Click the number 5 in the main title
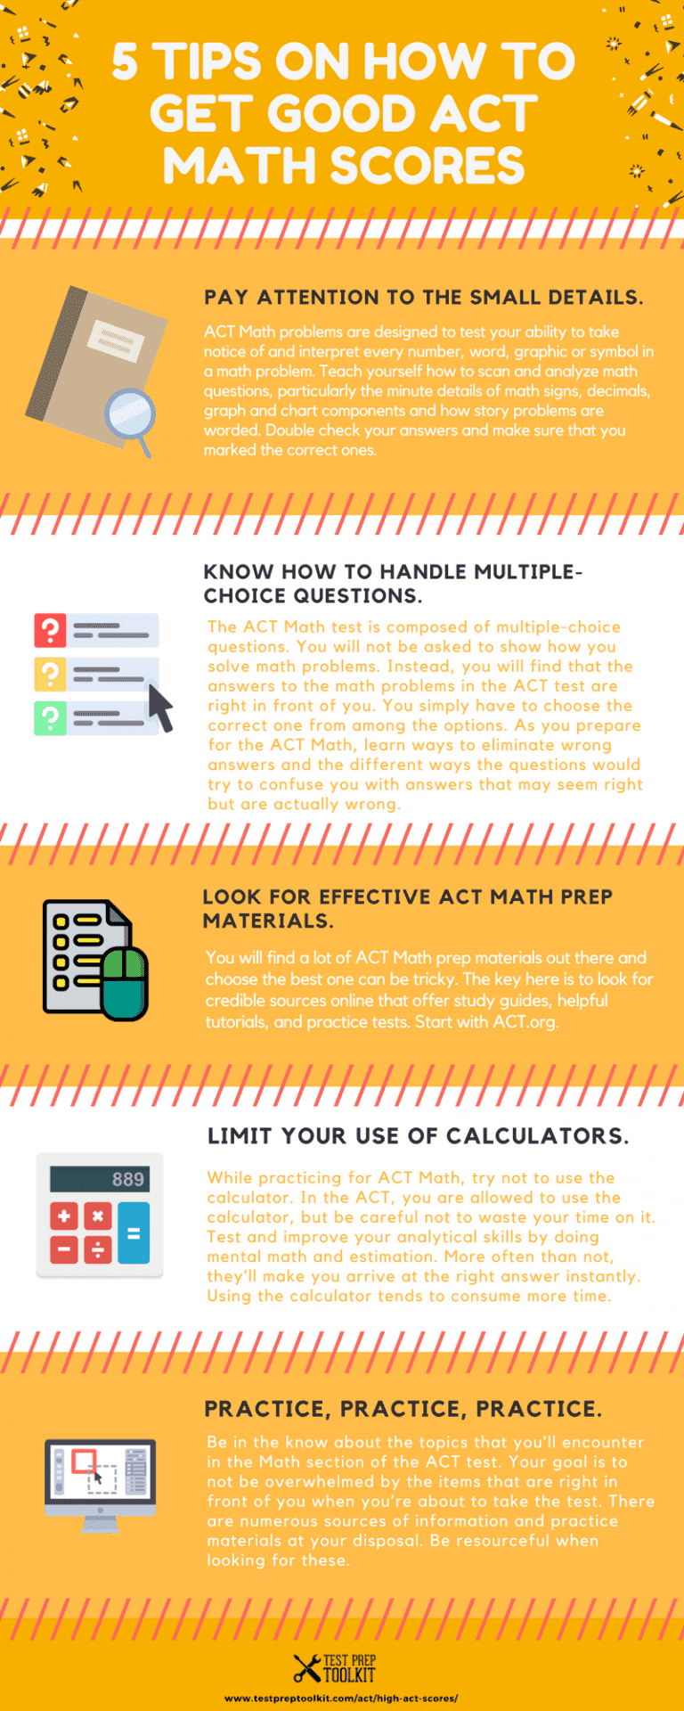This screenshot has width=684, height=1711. tap(126, 62)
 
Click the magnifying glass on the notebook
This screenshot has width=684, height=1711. tap(130, 413)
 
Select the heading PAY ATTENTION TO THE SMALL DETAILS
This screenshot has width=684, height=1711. tap(423, 298)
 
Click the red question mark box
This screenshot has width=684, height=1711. tap(50, 630)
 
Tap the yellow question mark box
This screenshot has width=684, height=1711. tap(50, 674)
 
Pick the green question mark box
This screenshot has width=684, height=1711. tap(50, 717)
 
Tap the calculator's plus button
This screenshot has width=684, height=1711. tap(64, 1216)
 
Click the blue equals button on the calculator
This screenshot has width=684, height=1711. tap(134, 1233)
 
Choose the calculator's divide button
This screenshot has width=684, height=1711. tap(98, 1250)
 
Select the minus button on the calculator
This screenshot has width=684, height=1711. tap(64, 1250)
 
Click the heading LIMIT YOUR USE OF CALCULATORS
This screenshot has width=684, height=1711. tap(418, 1136)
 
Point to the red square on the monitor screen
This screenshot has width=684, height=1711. tap(84, 1461)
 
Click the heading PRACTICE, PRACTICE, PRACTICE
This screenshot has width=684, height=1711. tap(403, 1409)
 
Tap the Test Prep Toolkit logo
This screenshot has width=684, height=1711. tap(336, 1667)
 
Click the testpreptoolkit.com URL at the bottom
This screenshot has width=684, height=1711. tap(341, 1699)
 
